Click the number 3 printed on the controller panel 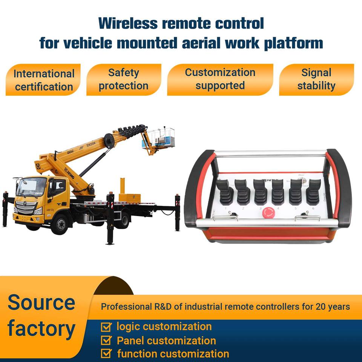coord(260,208)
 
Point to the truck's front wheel coord(60,224)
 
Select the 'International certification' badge coord(44,80)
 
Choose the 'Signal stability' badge coord(316,79)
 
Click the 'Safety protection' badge coord(124,79)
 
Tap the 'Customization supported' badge coord(220,79)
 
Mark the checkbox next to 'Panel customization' coord(107,341)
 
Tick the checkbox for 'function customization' coord(107,354)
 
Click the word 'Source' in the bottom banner coord(41,302)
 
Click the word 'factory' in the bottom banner coord(41,329)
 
